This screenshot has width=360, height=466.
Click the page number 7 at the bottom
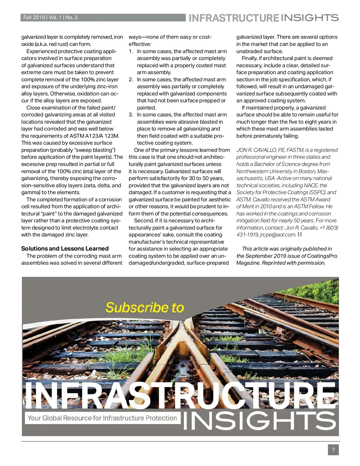click(x=333, y=450)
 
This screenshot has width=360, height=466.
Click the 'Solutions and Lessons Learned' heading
click(x=65, y=248)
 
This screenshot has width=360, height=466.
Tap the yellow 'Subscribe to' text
click(x=145, y=308)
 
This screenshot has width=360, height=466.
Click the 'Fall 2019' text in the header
click(x=34, y=17)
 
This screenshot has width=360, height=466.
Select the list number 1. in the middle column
click(x=131, y=51)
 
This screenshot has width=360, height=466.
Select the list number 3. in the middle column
click(x=131, y=115)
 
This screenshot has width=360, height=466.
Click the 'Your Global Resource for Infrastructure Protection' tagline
click(x=102, y=418)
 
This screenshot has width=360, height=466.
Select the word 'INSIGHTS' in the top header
click(x=310, y=18)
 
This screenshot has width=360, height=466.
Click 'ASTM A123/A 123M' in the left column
click(x=94, y=136)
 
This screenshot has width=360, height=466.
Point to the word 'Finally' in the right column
click(x=251, y=58)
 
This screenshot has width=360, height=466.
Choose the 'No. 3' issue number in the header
click(x=71, y=17)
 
